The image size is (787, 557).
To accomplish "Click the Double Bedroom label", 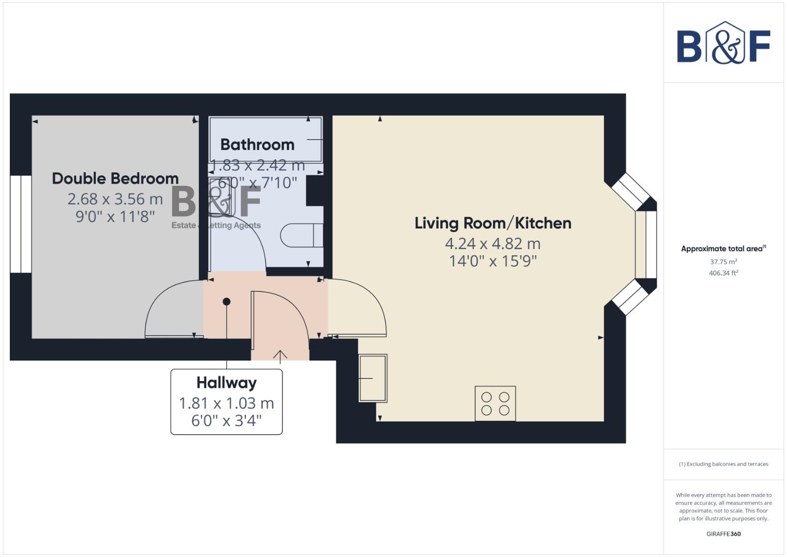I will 115,178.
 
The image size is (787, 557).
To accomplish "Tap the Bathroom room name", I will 257,144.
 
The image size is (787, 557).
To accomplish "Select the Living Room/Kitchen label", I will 493,223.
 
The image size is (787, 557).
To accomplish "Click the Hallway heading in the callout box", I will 226,383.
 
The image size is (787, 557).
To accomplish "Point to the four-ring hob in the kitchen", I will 495,403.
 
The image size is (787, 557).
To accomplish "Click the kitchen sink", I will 373,378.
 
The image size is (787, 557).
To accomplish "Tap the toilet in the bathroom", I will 302,236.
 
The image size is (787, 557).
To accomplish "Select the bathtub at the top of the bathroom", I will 265,139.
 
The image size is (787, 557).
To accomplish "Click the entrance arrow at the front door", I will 280,356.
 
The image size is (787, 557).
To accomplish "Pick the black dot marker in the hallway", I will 226,302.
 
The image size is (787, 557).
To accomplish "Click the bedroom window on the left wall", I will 21,224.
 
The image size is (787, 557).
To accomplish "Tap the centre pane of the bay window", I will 646,244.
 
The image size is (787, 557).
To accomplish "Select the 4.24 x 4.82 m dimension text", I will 493,243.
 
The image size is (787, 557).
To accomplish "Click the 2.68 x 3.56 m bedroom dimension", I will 115,199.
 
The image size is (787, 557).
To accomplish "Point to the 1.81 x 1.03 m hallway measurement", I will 226,403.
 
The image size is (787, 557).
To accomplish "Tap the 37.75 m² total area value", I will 723,262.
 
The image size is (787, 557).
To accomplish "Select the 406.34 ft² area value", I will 723,273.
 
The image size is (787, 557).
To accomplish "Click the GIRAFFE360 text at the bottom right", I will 723,534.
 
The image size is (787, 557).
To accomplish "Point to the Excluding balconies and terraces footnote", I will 723,464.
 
